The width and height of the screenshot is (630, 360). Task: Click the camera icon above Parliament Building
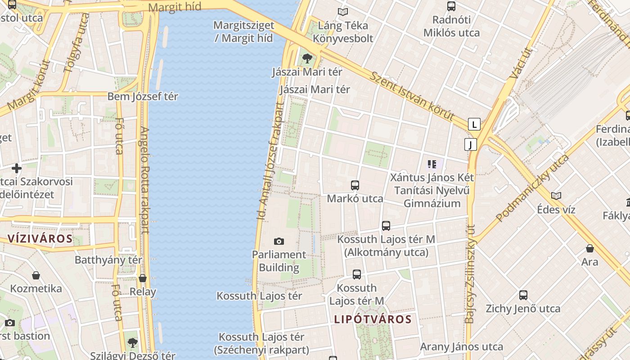point(279,242)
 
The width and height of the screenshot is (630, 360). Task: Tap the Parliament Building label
point(279,261)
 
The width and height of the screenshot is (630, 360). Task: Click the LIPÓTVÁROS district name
point(373,319)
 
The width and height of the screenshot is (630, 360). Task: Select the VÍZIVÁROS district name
point(40,238)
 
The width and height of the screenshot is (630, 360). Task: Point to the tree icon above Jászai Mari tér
point(307,58)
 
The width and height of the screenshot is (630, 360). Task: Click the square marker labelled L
point(474,124)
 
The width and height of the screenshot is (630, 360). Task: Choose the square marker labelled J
point(470,144)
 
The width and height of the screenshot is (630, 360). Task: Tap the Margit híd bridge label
point(175,7)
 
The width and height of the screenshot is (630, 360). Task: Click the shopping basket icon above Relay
point(143,279)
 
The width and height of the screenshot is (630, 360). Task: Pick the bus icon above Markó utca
point(355,185)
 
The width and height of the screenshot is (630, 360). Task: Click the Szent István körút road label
point(412,95)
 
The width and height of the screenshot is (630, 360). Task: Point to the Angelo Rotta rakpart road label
point(144,180)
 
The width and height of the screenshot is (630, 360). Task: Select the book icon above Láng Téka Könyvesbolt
point(343,12)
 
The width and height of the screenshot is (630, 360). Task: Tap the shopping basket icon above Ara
point(590,248)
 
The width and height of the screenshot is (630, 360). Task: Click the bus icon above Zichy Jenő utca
point(523,295)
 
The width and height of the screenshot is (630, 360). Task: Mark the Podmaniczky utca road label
point(532,188)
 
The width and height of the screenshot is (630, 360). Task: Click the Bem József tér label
point(143,96)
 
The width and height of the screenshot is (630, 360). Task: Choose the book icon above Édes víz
point(556,196)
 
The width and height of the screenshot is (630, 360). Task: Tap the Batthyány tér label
point(108,260)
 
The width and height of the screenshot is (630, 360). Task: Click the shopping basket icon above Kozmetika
point(36,275)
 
